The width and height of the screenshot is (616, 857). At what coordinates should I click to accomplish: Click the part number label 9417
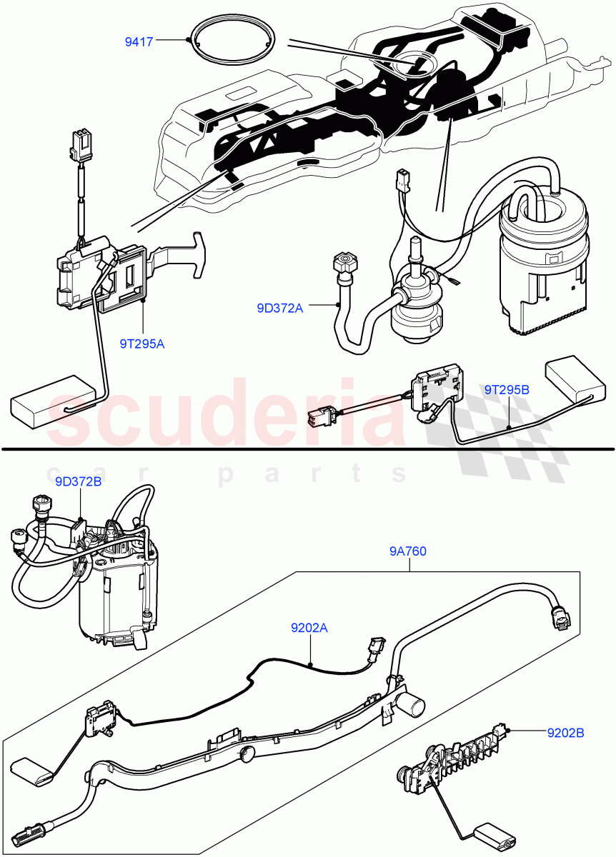[139, 41]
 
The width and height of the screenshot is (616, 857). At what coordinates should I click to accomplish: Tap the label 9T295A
[141, 344]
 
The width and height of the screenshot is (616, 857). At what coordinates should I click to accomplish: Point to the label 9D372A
[280, 308]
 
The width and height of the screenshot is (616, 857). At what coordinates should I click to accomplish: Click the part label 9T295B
[507, 390]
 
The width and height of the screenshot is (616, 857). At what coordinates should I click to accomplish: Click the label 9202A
[309, 628]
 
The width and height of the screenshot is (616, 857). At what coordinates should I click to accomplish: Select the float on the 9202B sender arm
[495, 836]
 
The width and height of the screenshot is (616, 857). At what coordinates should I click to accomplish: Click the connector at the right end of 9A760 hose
[560, 616]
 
